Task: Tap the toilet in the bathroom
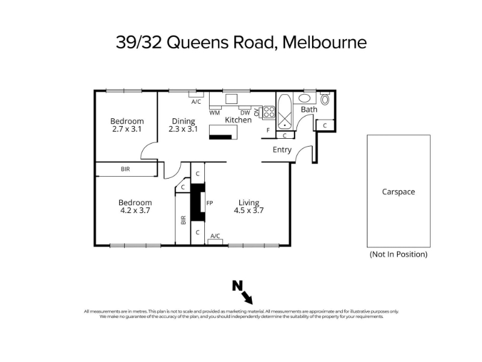325,98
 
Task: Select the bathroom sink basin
304,98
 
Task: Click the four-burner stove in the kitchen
269,112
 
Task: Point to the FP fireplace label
210,203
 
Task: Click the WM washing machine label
214,113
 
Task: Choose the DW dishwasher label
245,113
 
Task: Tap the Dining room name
183,121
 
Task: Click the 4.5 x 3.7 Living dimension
249,211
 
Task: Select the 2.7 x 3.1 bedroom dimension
127,129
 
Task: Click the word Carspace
398,192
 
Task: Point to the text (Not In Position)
398,254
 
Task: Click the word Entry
282,150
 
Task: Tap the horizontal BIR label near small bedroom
125,169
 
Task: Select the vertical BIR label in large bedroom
184,220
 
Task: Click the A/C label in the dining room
196,101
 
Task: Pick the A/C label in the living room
215,236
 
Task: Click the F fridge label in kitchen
268,130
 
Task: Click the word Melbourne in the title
324,42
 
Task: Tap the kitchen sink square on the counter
231,99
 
